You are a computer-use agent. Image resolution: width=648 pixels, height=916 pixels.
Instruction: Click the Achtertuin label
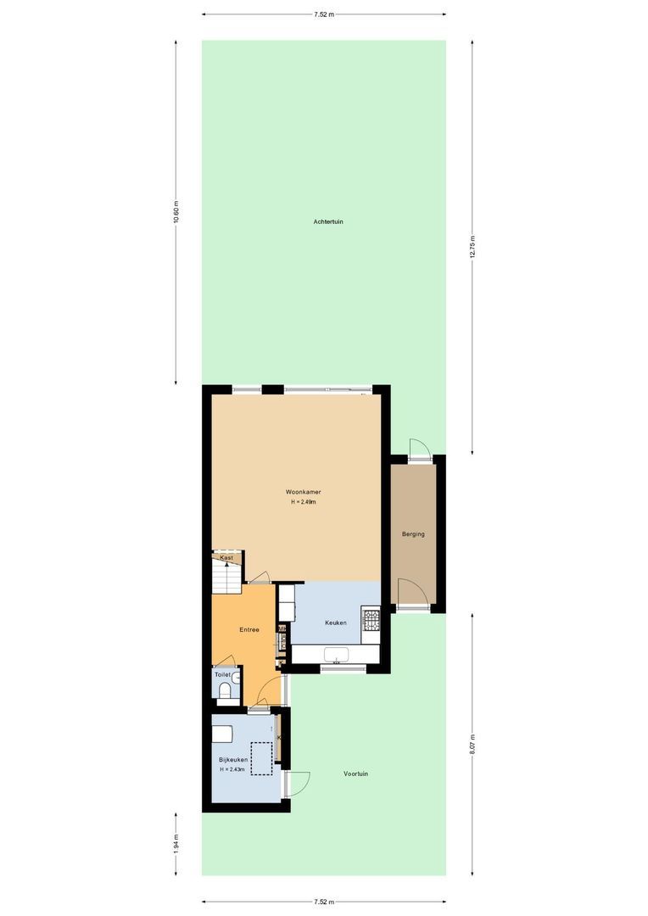point(327,221)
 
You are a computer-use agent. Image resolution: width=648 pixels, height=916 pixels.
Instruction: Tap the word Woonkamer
point(303,492)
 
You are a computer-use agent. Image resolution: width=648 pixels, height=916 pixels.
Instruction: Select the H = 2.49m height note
point(303,502)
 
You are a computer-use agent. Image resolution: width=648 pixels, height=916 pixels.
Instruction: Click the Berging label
point(413,533)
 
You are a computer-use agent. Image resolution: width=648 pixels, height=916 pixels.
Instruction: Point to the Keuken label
point(335,623)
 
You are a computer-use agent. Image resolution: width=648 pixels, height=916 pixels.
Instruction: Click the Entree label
point(249,629)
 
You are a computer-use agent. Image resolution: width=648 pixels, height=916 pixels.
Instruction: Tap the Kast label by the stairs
point(226,557)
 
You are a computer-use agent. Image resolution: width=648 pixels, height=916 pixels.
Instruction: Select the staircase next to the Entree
point(226,579)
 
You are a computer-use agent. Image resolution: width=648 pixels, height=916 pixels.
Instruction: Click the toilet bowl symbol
point(225,691)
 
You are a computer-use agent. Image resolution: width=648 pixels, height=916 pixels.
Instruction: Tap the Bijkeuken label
point(232,760)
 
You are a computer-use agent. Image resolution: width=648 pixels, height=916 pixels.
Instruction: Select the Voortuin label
point(355,774)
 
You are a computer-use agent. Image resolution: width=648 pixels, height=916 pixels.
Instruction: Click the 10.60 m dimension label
point(176,212)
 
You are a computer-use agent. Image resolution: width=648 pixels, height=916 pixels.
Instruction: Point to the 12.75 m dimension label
point(472,247)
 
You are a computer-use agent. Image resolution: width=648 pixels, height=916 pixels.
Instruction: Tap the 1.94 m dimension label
point(176,844)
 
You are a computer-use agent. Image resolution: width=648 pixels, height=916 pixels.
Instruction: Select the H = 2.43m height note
point(232,770)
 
